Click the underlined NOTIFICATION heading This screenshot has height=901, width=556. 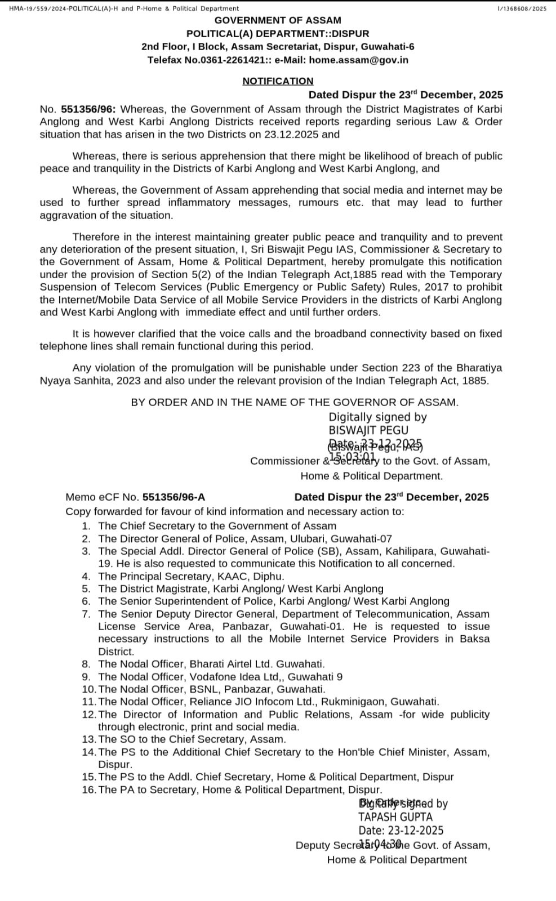(x=278, y=81)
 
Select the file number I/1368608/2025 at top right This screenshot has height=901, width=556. (x=522, y=8)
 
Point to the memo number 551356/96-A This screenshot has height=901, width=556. (x=174, y=497)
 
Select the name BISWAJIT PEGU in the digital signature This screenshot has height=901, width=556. (x=368, y=430)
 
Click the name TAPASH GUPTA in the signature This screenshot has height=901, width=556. (x=395, y=817)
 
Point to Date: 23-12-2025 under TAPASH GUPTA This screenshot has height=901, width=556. (x=401, y=830)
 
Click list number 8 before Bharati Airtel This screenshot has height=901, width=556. (x=86, y=664)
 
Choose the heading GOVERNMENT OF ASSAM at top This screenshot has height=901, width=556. (x=278, y=20)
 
